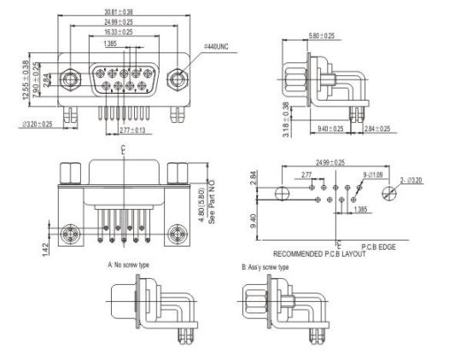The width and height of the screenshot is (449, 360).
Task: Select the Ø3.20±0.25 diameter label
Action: click(38, 124)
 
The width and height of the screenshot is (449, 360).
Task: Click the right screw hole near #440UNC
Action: click(178, 80)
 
